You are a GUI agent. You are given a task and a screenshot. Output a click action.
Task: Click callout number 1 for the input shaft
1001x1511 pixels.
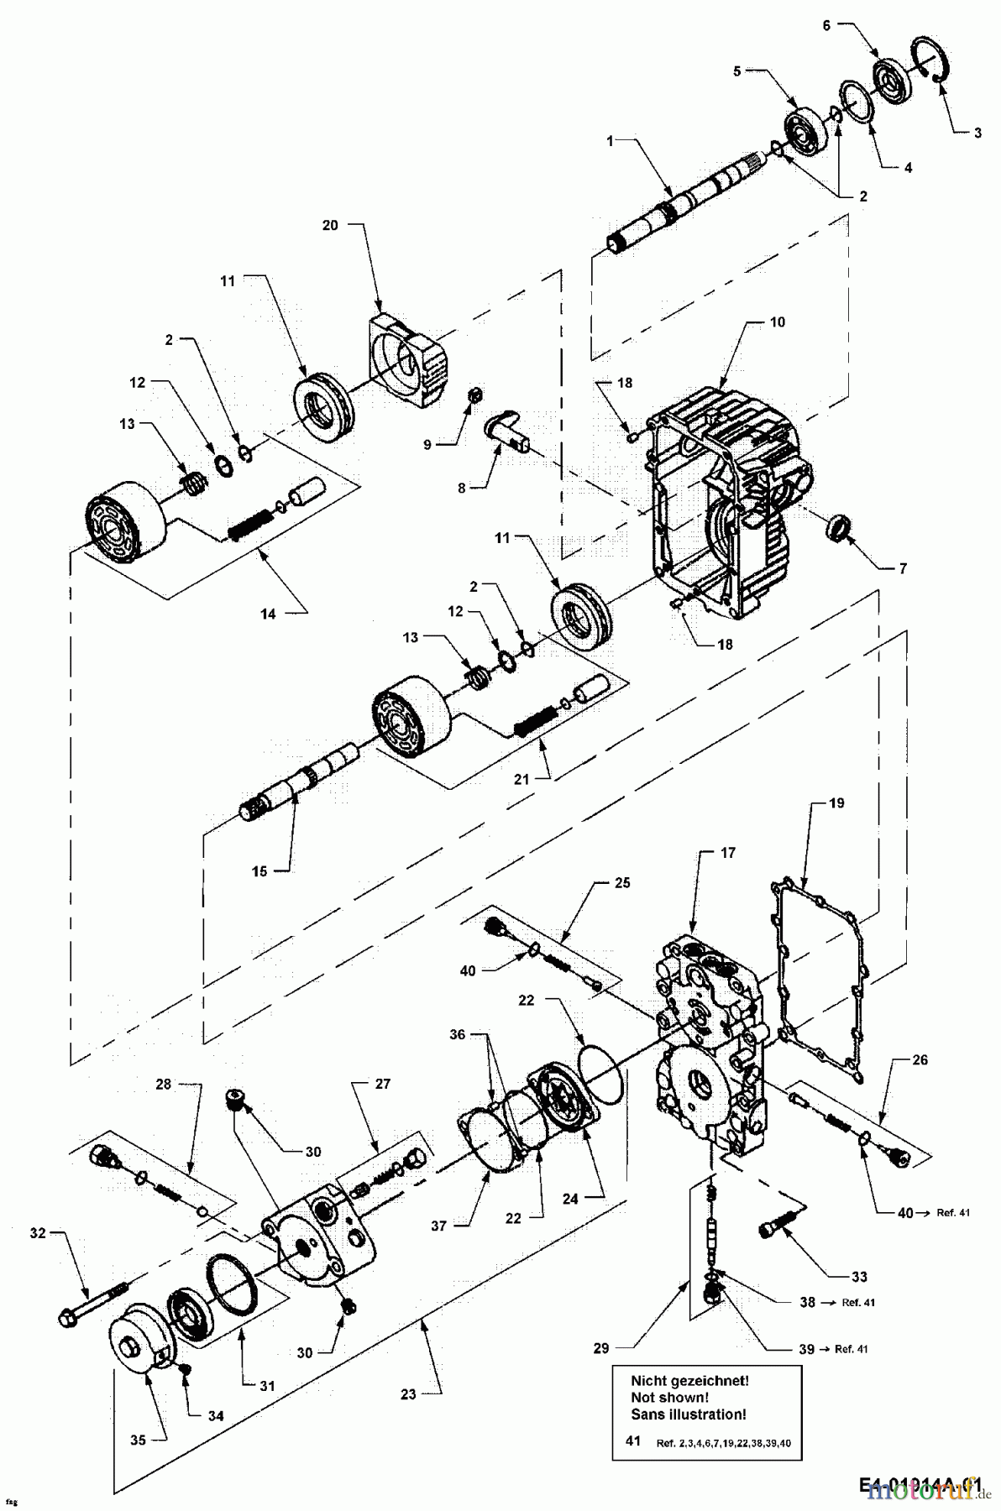click(x=611, y=141)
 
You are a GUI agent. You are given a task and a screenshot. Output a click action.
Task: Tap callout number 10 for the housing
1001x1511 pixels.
click(x=778, y=322)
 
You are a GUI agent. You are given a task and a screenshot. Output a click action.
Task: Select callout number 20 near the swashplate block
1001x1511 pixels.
click(x=330, y=225)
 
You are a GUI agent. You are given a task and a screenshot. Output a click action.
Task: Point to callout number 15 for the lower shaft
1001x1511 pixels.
click(x=259, y=871)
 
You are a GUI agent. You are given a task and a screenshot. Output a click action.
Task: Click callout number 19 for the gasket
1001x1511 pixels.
click(x=836, y=803)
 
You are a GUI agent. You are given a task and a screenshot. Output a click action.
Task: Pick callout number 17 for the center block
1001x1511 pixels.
click(x=727, y=852)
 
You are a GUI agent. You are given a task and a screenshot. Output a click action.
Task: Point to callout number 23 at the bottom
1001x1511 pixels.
click(x=408, y=1393)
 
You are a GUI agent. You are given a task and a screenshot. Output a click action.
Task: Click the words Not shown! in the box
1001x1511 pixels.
click(x=668, y=1398)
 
